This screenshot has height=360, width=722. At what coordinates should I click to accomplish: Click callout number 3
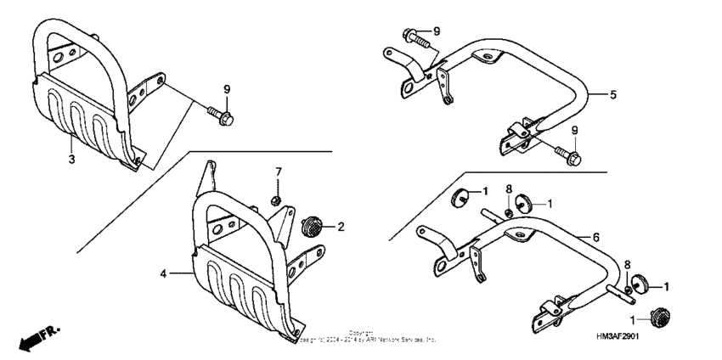[71, 158]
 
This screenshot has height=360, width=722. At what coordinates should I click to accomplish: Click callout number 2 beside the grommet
[341, 227]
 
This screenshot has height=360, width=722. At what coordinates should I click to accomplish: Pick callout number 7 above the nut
[277, 173]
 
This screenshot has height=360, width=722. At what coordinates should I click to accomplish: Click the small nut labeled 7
[277, 200]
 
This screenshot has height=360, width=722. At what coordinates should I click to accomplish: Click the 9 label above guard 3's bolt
[227, 89]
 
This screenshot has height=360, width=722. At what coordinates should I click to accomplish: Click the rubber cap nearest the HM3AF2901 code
[657, 316]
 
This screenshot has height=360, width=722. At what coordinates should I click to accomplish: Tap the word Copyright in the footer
[360, 333]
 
